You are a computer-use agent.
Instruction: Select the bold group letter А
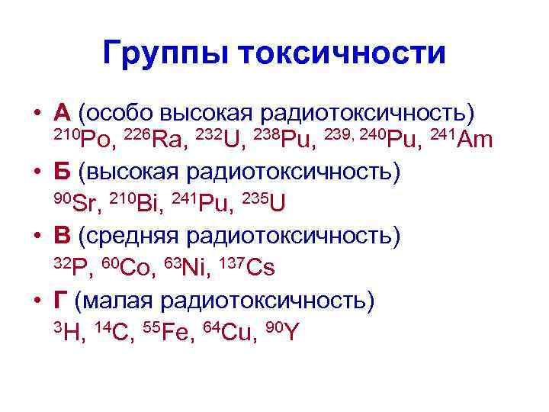click(63, 113)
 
